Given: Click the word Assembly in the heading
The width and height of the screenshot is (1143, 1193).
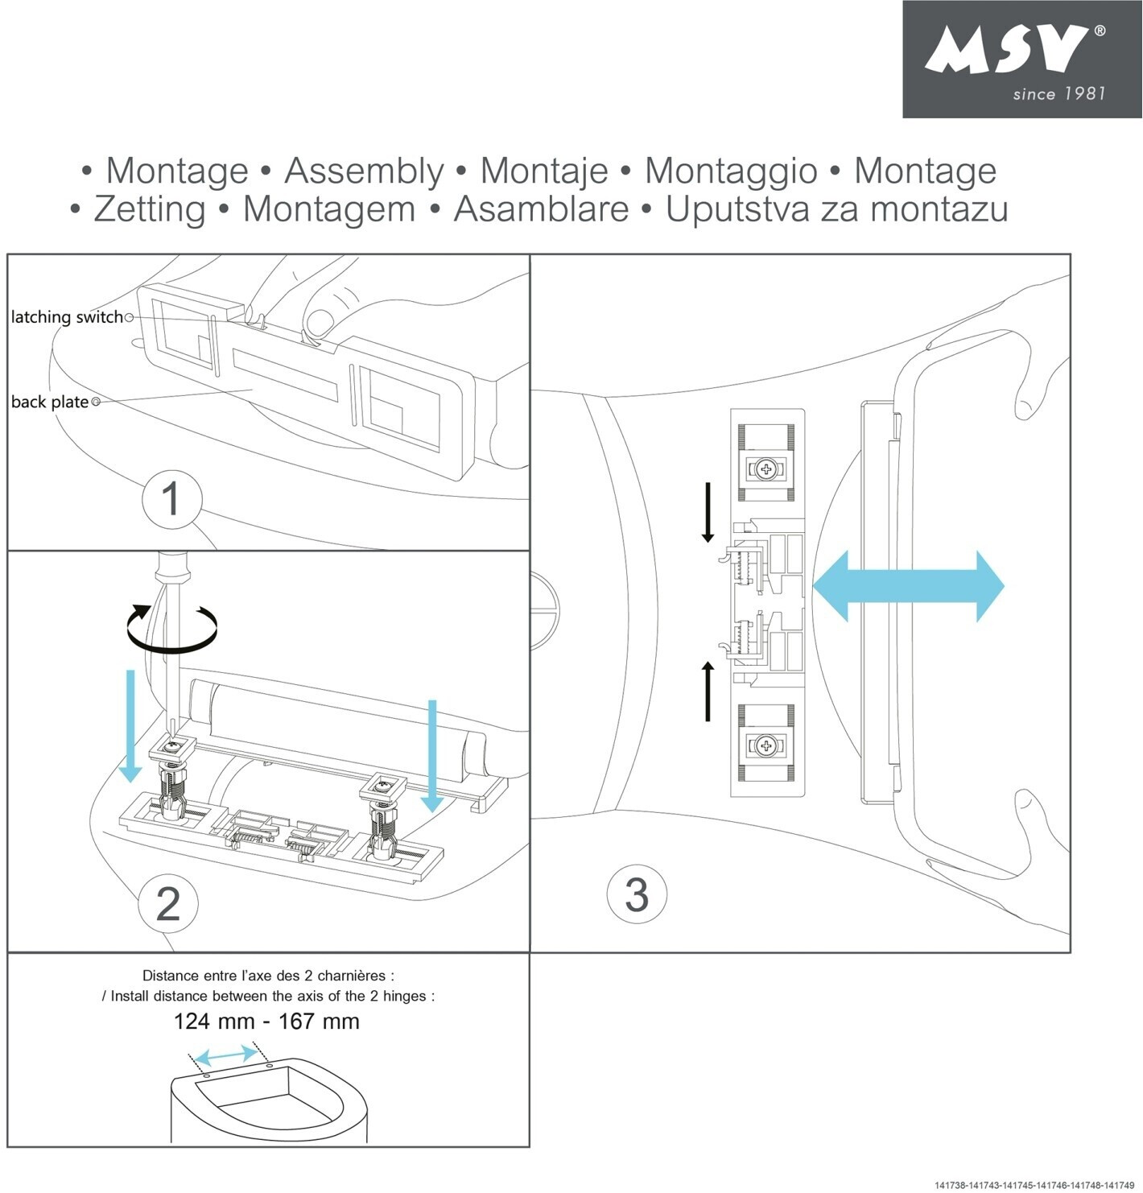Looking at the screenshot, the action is click(x=363, y=171).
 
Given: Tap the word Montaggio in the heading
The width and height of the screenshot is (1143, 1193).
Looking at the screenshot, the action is click(x=731, y=171).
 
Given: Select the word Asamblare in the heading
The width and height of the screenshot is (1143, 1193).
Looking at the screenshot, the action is click(x=541, y=208).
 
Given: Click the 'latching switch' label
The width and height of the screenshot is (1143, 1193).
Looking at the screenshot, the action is click(x=67, y=317).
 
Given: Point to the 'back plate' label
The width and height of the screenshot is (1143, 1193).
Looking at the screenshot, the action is click(x=50, y=402).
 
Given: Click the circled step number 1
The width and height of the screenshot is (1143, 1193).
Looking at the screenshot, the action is click(x=171, y=499).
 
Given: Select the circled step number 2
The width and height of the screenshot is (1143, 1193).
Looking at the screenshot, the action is click(x=168, y=903).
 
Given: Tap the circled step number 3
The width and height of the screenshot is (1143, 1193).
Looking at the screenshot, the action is click(x=637, y=894).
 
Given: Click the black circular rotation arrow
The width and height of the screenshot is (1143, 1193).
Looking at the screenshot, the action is click(x=172, y=628).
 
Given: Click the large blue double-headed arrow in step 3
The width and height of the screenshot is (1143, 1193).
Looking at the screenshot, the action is click(x=908, y=586).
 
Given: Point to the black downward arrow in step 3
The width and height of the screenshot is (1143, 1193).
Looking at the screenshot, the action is click(x=708, y=512).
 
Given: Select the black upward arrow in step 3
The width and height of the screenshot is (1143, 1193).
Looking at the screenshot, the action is click(x=708, y=691).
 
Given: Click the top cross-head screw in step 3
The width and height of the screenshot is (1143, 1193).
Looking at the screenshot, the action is click(x=765, y=469).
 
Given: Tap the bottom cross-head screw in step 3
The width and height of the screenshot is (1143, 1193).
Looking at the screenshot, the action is click(x=765, y=746).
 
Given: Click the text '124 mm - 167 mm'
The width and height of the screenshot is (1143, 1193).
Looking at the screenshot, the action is click(x=266, y=1022).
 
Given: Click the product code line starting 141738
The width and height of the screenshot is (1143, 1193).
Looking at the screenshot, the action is click(x=1034, y=1185).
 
